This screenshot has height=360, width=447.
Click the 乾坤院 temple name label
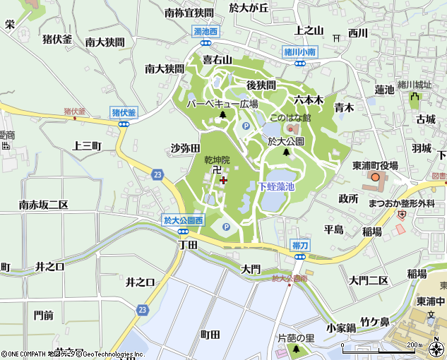pos(217,160)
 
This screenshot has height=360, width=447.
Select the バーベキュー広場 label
pos(222,103)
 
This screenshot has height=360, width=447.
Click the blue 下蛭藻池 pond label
pos(275,186)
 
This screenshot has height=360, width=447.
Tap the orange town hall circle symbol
pos(375,177)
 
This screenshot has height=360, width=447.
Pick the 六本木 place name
pos(309,100)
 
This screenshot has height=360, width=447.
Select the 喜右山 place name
pos(217,60)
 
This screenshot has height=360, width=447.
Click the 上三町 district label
pos(87,145)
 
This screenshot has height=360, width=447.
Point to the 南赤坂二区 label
pos(43,205)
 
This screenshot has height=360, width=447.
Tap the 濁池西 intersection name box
pos(205,32)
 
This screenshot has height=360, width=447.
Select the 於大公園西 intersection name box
pos(183,221)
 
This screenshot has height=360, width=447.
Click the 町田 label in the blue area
pos(210,335)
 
